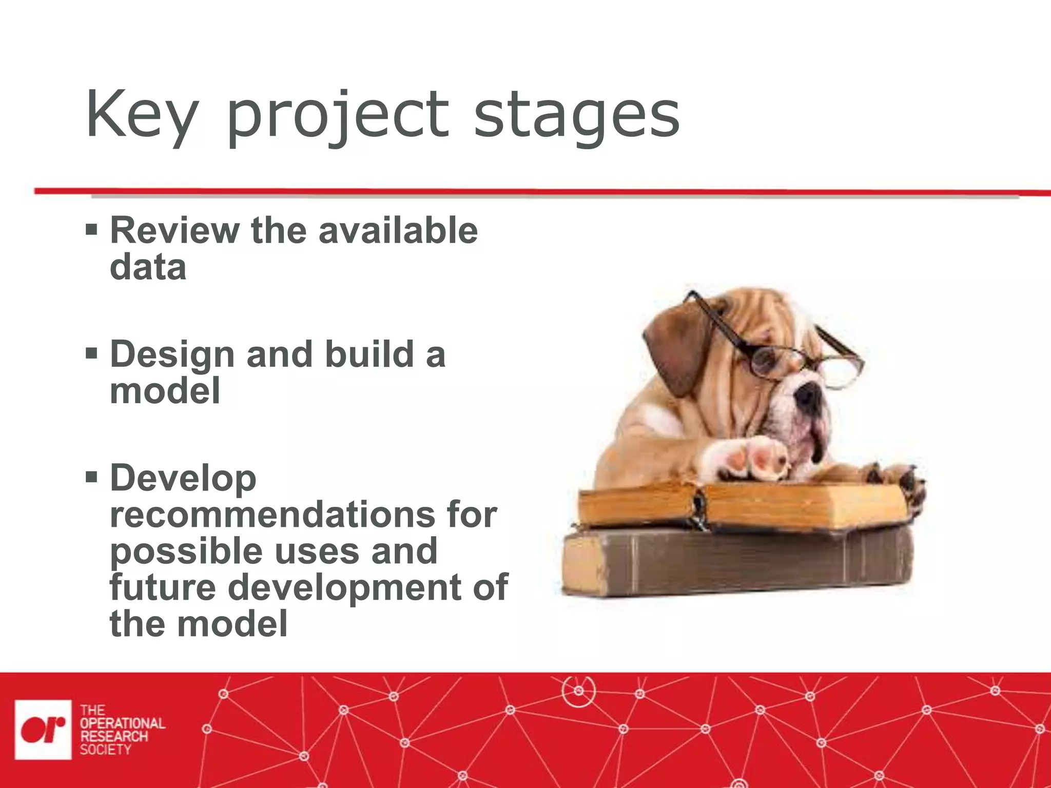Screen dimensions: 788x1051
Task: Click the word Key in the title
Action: tap(141, 115)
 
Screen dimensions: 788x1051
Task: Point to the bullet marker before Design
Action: tap(91, 353)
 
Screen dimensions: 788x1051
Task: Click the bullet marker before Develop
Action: tap(91, 478)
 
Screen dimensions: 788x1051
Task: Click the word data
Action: tap(148, 267)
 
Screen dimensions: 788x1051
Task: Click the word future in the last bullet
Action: tap(163, 587)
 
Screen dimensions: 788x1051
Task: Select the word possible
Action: tap(186, 551)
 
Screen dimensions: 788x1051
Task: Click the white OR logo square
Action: tap(43, 729)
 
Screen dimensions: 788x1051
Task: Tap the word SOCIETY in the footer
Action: tap(106, 750)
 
